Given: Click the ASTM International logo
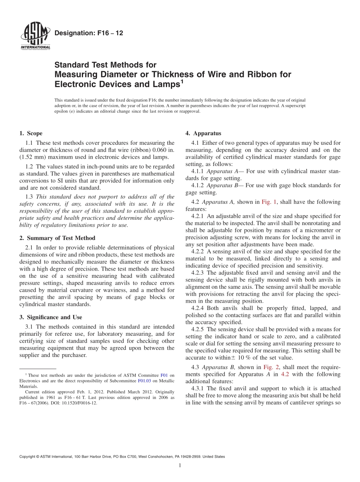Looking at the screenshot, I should (x=35, y=36).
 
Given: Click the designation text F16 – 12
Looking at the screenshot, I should (x=89, y=33).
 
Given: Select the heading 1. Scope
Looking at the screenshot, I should (x=31, y=133).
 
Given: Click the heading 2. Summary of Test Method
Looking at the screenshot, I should (x=57, y=238).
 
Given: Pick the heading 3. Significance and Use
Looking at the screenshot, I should (x=50, y=317).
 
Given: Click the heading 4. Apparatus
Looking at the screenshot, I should (x=203, y=133).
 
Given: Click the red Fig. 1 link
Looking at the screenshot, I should (x=269, y=202).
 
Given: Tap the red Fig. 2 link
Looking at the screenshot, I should (x=270, y=367).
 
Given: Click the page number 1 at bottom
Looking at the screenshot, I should (x=180, y=466).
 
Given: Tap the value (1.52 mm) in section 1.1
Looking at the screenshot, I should (x=32, y=157).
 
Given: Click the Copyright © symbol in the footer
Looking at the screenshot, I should (x=38, y=457).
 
